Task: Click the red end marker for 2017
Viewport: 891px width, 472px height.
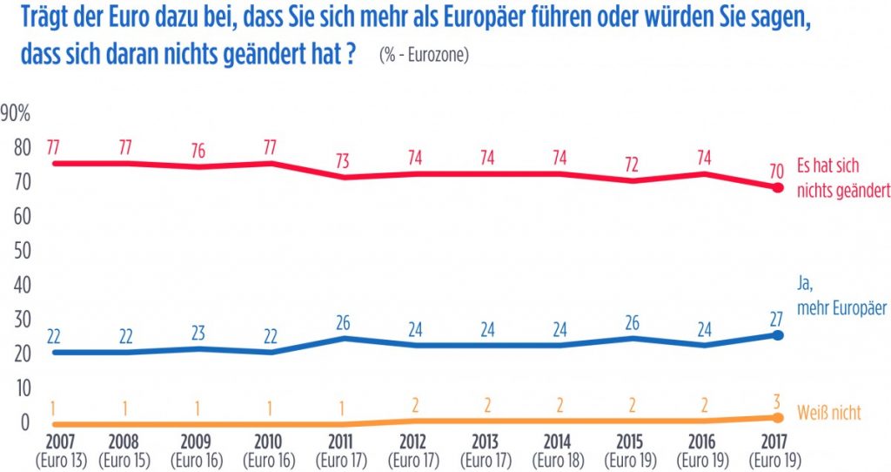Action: (x=778, y=187)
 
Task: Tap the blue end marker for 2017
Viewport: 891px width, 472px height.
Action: (x=778, y=335)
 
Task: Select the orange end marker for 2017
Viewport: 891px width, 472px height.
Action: (x=778, y=418)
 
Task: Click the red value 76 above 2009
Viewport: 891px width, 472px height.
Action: (x=198, y=150)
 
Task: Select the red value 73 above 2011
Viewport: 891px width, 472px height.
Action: (x=343, y=159)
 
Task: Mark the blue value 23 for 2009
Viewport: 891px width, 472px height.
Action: (x=198, y=331)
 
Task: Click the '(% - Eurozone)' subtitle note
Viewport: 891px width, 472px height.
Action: (x=424, y=55)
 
